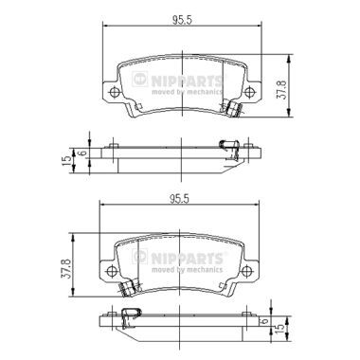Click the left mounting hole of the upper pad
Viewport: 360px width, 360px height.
pos(114,92)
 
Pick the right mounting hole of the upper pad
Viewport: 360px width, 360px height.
pos(250,92)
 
